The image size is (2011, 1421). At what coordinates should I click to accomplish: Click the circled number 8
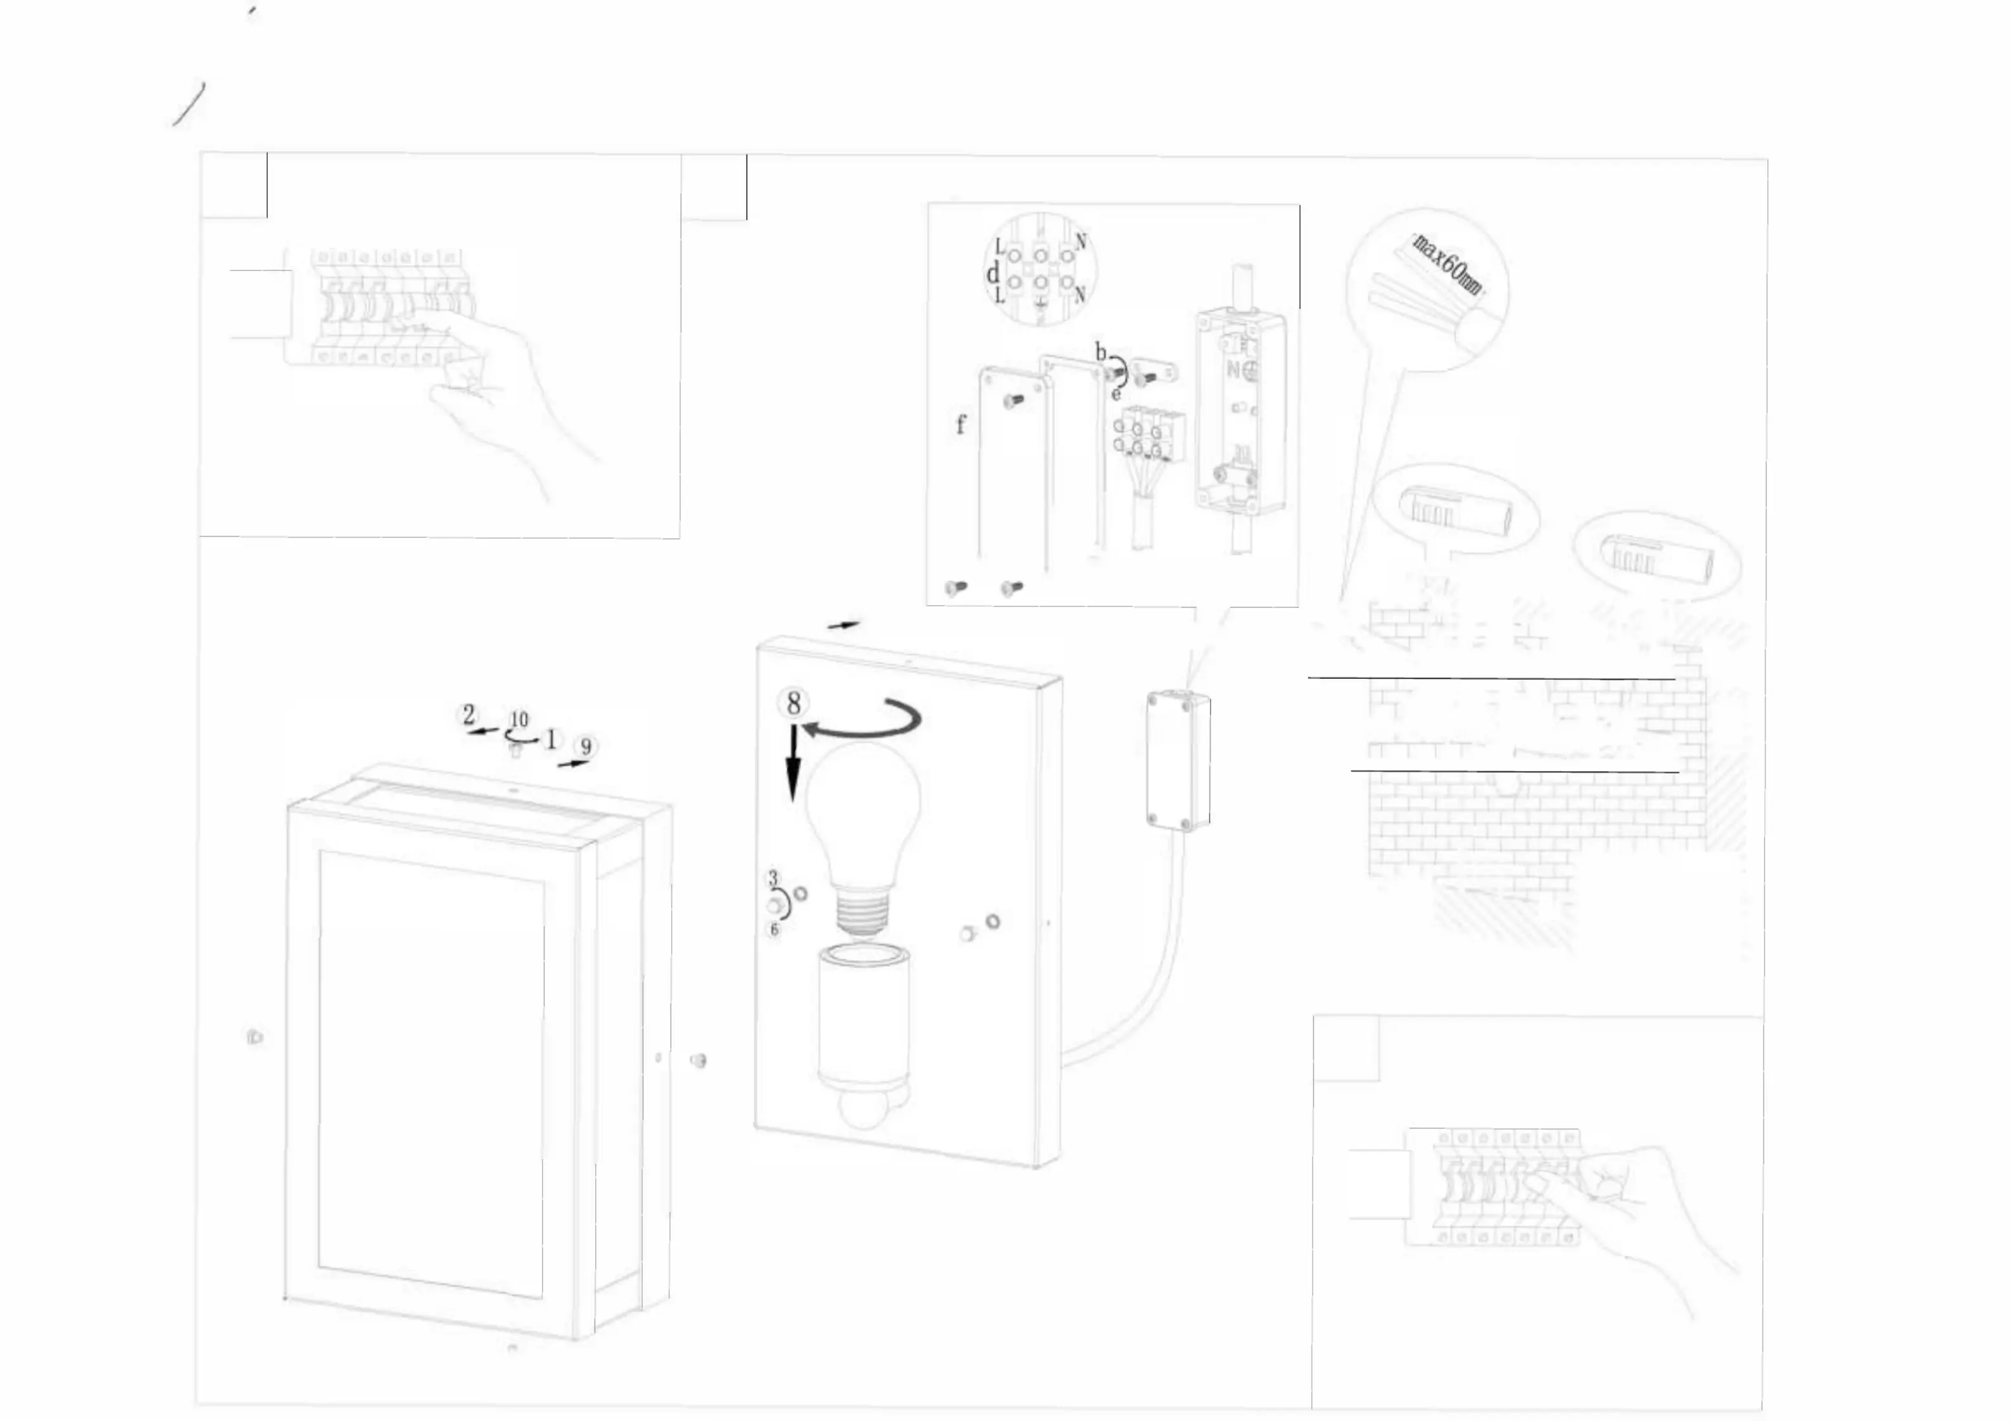[793, 703]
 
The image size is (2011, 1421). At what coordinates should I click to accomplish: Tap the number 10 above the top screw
[519, 719]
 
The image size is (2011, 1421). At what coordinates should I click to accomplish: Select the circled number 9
[586, 747]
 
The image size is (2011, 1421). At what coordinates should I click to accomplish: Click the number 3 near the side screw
[772, 877]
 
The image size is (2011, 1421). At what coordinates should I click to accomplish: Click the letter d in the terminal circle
[992, 274]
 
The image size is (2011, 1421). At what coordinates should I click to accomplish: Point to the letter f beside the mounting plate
[961, 425]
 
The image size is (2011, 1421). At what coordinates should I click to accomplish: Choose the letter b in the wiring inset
[1101, 353]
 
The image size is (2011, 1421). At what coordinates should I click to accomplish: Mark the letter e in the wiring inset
[1115, 393]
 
